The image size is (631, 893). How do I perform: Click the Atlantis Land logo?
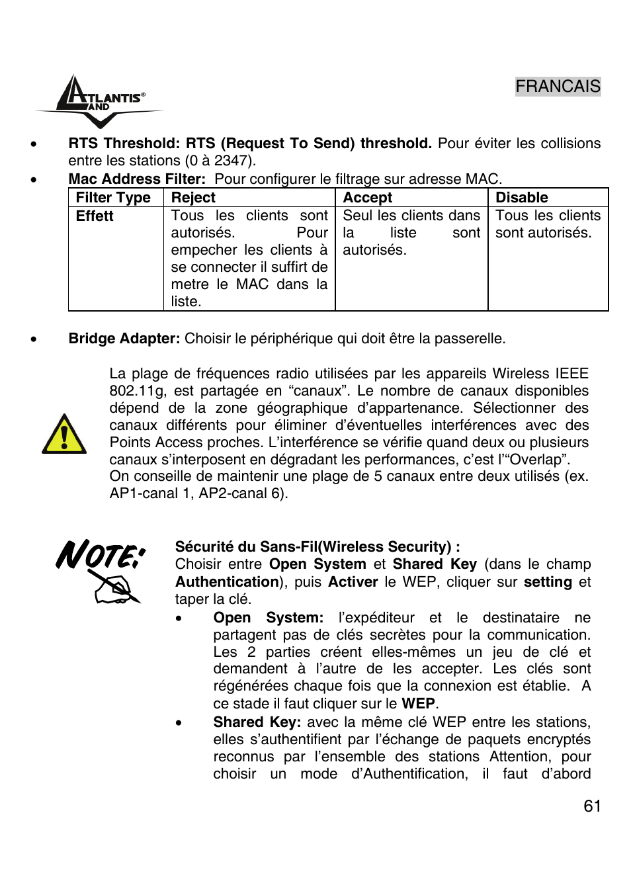click(x=99, y=101)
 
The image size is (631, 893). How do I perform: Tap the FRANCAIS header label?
click(x=558, y=87)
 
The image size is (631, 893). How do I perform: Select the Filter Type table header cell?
click(x=113, y=198)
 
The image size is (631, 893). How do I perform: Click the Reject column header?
click(x=193, y=198)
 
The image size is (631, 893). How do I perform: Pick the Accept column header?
click(x=367, y=198)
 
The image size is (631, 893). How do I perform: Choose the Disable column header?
click(x=521, y=198)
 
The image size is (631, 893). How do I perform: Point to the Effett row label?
click(x=95, y=216)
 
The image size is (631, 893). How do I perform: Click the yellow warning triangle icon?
click(x=63, y=435)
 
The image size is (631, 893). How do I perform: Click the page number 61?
click(x=592, y=806)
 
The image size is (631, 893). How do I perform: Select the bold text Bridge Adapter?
click(x=124, y=339)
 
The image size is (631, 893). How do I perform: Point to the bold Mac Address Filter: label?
click(x=137, y=179)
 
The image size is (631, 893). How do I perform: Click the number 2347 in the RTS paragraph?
click(x=232, y=161)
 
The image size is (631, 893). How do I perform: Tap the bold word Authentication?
click(x=227, y=582)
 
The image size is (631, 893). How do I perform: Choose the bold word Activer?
click(x=353, y=582)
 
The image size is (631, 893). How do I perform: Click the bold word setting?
click(x=548, y=582)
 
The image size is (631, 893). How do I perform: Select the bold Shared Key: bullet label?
click(x=257, y=722)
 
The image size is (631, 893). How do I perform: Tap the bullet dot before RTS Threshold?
click(x=33, y=144)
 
